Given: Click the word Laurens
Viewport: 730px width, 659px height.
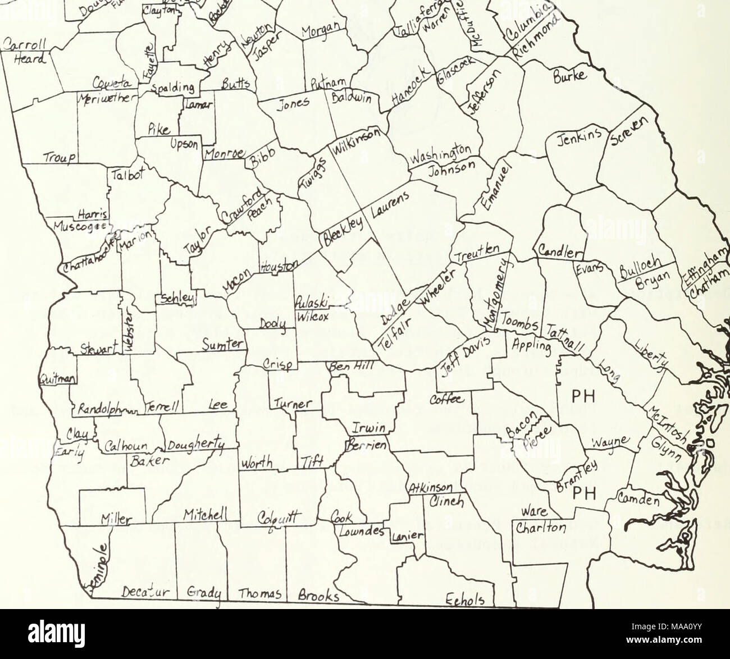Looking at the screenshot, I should [389, 206].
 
